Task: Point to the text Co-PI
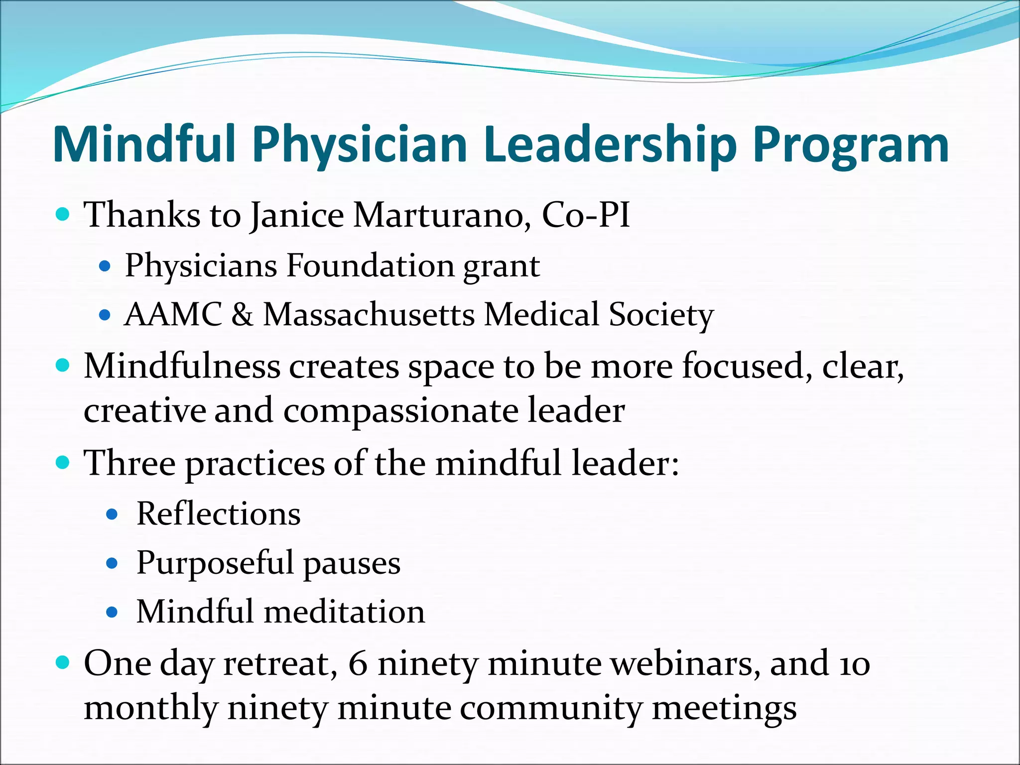tap(586, 215)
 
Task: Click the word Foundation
tap(370, 265)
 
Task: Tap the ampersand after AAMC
tap(242, 315)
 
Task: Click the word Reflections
tap(219, 513)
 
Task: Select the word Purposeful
tap(215, 563)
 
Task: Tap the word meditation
tap(344, 612)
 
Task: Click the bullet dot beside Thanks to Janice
tap(62, 215)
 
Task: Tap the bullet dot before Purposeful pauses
tap(112, 563)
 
